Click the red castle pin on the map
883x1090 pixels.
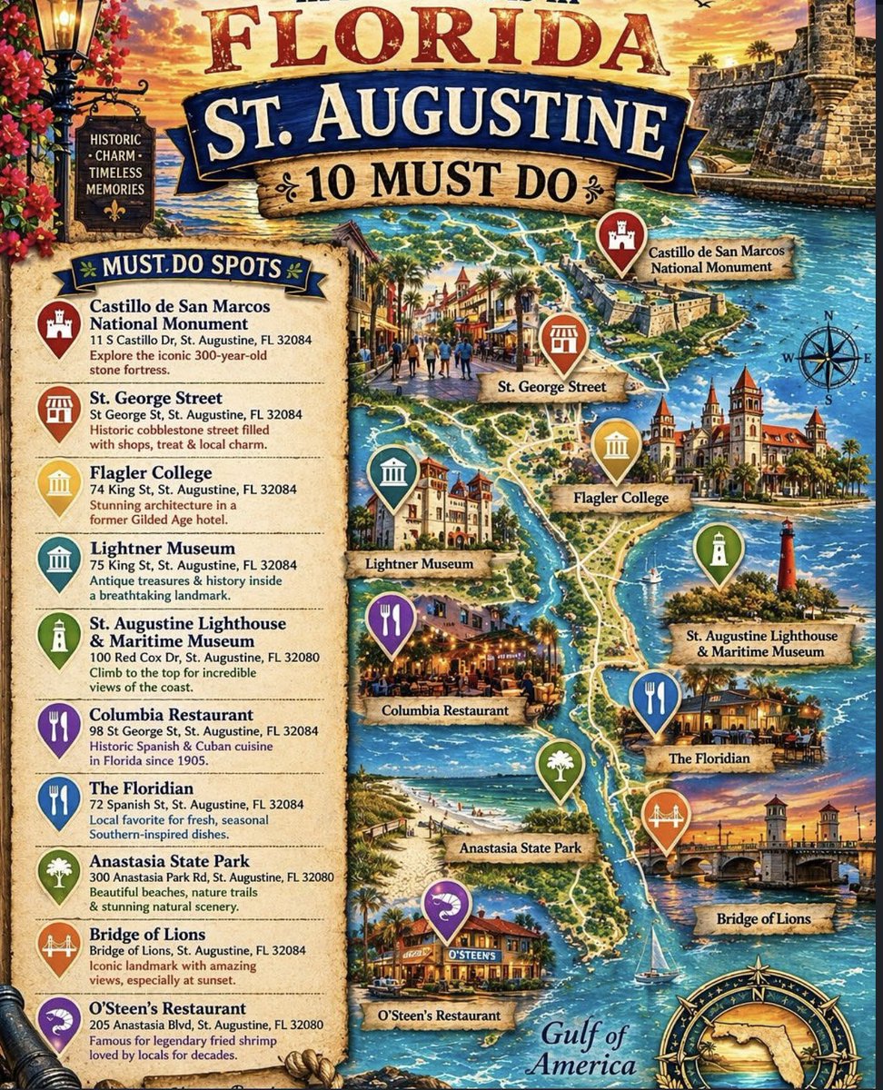point(620,239)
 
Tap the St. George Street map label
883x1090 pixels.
point(552,388)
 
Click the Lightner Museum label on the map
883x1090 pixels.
point(419,564)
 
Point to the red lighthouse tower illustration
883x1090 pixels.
point(787,556)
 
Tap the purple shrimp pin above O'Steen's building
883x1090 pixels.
point(446,907)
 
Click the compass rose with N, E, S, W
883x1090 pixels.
point(828,356)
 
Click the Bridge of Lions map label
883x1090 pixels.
point(763,919)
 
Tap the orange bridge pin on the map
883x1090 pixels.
point(665,817)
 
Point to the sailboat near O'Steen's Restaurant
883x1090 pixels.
point(656,956)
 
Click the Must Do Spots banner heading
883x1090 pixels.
point(190,270)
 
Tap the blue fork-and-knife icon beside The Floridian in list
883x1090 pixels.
point(59,799)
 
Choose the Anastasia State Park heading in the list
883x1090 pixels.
point(169,860)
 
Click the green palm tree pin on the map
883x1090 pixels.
point(560,767)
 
